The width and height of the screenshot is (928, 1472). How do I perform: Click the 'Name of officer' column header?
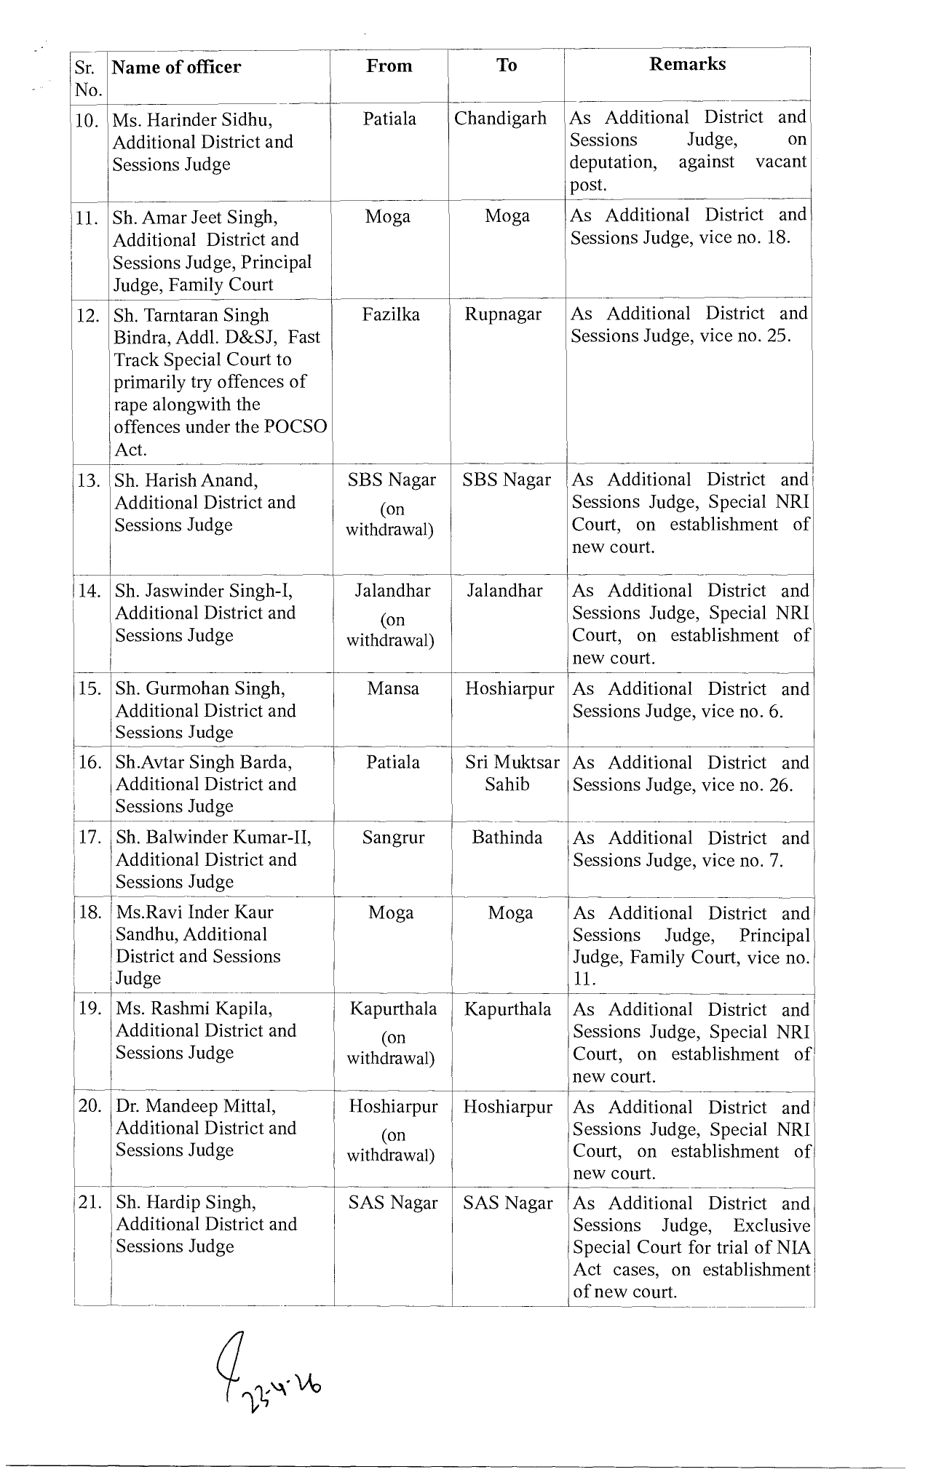(176, 68)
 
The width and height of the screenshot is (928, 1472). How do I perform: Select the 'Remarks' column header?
(687, 64)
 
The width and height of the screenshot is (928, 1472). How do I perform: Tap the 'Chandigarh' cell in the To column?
(500, 119)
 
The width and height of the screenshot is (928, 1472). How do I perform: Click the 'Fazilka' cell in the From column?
(389, 315)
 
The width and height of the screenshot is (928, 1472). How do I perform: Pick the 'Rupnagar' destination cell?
(503, 314)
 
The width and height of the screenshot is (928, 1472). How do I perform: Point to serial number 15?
(90, 688)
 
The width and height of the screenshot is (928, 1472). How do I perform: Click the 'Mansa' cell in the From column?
(393, 688)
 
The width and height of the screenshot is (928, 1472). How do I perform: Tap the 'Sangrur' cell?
(393, 838)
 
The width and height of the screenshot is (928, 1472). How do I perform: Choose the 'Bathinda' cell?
(507, 838)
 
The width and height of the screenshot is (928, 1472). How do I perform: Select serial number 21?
(90, 1204)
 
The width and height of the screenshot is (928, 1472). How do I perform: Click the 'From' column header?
(389, 66)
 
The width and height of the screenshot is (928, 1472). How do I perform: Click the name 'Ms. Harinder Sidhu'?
(192, 120)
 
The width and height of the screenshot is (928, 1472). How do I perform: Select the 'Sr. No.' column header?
(88, 79)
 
